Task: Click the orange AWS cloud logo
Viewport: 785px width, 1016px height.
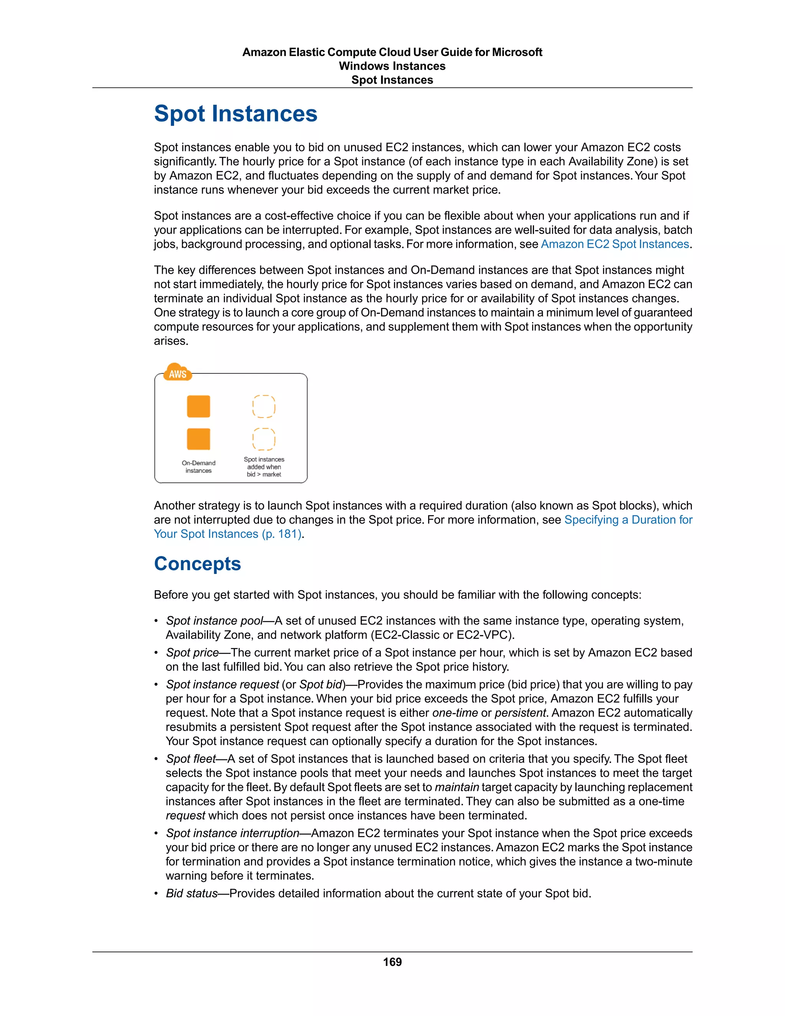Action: coord(177,373)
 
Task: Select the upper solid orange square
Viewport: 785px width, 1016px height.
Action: coord(199,406)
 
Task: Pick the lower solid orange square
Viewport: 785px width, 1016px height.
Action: coord(199,439)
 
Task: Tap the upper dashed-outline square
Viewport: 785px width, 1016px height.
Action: coord(264,406)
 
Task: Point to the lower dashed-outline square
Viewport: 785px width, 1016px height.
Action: coord(264,439)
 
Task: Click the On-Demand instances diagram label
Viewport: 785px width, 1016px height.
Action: coord(199,467)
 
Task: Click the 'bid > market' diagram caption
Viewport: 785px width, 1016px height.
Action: coord(264,475)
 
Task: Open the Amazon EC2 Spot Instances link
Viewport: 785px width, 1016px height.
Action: coord(614,244)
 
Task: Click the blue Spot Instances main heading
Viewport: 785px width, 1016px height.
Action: coord(235,113)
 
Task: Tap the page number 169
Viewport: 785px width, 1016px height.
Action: coord(392,962)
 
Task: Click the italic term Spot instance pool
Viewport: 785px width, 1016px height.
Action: coord(214,621)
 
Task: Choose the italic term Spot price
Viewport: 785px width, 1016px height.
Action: coord(192,653)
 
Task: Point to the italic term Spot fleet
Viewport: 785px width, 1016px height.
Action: coord(191,759)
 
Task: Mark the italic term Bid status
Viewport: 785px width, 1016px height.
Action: coord(192,893)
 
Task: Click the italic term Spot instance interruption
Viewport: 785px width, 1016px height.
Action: coord(233,833)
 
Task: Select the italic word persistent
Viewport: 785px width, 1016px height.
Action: coord(521,713)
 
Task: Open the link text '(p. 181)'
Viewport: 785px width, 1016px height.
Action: coord(281,534)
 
